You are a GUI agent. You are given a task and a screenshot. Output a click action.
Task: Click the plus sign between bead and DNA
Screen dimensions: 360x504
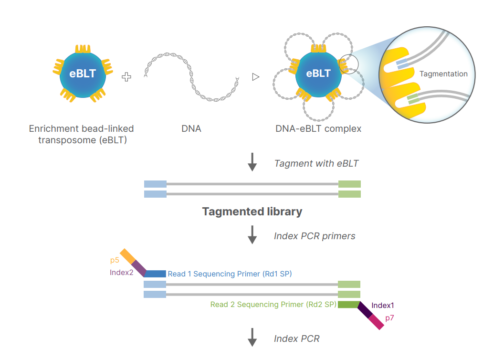pyautogui.click(x=126, y=77)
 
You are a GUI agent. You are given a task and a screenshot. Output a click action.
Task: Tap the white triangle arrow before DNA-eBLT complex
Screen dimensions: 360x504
pyautogui.click(x=256, y=77)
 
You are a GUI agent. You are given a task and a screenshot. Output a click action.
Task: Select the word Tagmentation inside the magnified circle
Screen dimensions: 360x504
pyautogui.click(x=443, y=74)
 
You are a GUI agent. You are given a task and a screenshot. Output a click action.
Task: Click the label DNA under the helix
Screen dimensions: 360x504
pyautogui.click(x=191, y=129)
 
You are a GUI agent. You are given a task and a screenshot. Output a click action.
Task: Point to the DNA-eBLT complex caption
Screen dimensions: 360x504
pyautogui.click(x=318, y=129)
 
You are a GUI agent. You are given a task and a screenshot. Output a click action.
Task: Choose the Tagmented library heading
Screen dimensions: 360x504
pyautogui.click(x=252, y=211)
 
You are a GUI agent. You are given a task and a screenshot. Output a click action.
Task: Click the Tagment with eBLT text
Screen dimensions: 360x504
pyautogui.click(x=316, y=163)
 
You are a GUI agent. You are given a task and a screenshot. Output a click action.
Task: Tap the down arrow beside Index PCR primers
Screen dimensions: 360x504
pyautogui.click(x=252, y=235)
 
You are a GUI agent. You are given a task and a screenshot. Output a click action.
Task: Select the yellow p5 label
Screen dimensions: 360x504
pyautogui.click(x=115, y=260)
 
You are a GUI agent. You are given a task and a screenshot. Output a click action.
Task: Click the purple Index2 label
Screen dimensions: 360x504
pyautogui.click(x=122, y=273)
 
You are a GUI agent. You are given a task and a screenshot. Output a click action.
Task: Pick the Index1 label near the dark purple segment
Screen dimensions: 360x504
pyautogui.click(x=383, y=306)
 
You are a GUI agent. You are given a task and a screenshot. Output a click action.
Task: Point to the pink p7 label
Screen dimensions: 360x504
pyautogui.click(x=389, y=317)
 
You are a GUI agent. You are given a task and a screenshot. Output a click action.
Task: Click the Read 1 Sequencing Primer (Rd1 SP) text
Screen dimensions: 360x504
pyautogui.click(x=230, y=274)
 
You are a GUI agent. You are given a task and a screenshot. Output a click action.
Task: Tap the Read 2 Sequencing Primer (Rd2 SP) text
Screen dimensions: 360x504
pyautogui.click(x=273, y=305)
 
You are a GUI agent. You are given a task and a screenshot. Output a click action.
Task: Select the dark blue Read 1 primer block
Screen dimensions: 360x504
pyautogui.click(x=155, y=274)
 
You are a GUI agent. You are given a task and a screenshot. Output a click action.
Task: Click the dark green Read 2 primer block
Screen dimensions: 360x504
pyautogui.click(x=348, y=305)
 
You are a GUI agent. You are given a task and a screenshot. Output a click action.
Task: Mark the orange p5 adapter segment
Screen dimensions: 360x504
pyautogui.click(x=128, y=256)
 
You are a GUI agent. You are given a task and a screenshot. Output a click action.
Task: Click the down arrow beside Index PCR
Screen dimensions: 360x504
pyautogui.click(x=252, y=339)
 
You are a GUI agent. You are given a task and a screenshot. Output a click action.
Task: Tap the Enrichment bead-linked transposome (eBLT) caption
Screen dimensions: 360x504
pyautogui.click(x=82, y=134)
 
